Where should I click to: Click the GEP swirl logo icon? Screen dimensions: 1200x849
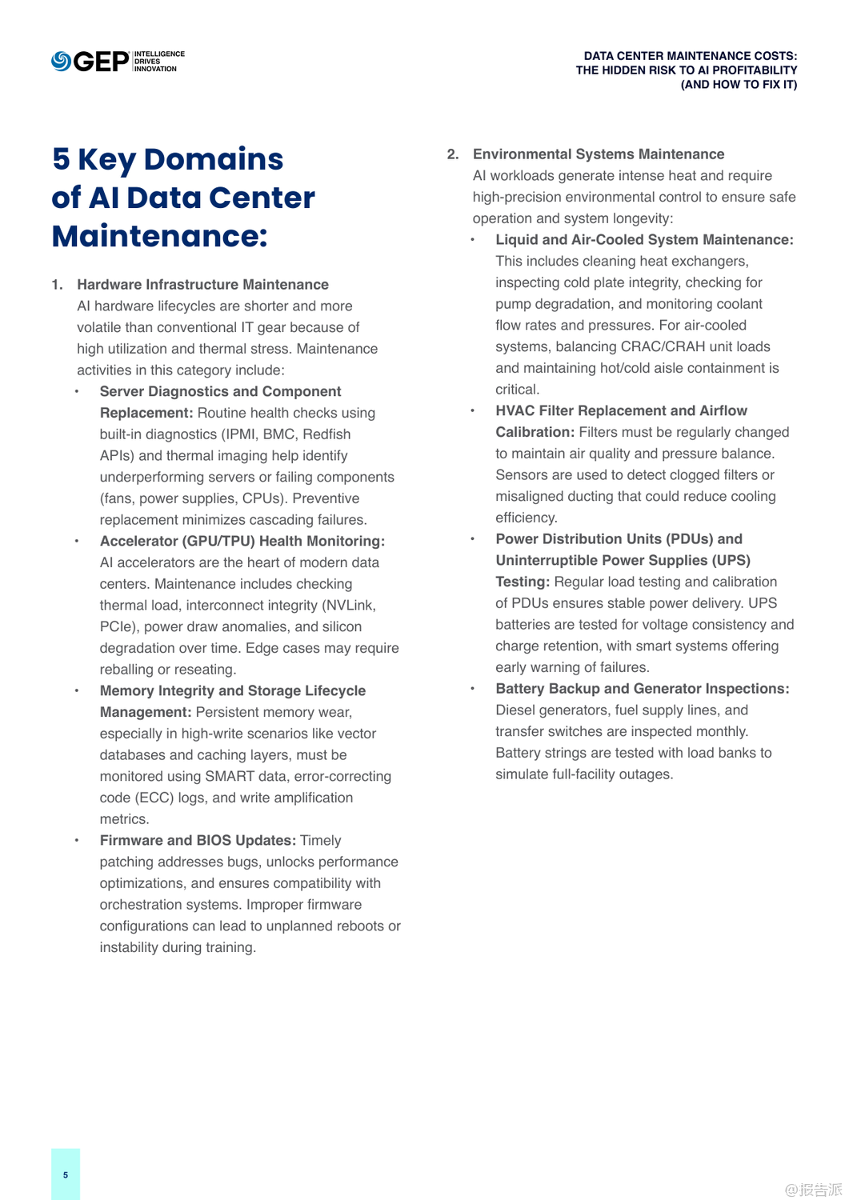61,62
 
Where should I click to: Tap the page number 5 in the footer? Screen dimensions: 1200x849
66,1175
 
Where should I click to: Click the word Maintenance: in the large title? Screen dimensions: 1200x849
159,237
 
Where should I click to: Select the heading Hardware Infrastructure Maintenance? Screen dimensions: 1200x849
202,285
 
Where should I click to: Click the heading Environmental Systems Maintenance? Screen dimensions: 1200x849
599,154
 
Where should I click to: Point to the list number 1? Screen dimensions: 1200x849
57,285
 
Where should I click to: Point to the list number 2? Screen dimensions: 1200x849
453,154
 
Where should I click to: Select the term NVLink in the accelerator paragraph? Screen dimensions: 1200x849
348,606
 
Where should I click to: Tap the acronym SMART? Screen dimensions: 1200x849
230,777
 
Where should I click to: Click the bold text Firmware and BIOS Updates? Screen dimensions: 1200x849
198,841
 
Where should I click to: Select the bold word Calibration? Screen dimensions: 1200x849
535,433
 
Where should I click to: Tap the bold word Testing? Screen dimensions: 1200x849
522,582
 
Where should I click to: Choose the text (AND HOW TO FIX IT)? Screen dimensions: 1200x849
739,85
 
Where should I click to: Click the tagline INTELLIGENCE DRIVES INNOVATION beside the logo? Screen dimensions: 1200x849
158,62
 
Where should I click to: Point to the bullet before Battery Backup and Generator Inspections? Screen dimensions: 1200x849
473,689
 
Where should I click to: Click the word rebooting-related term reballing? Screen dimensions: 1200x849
131,670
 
